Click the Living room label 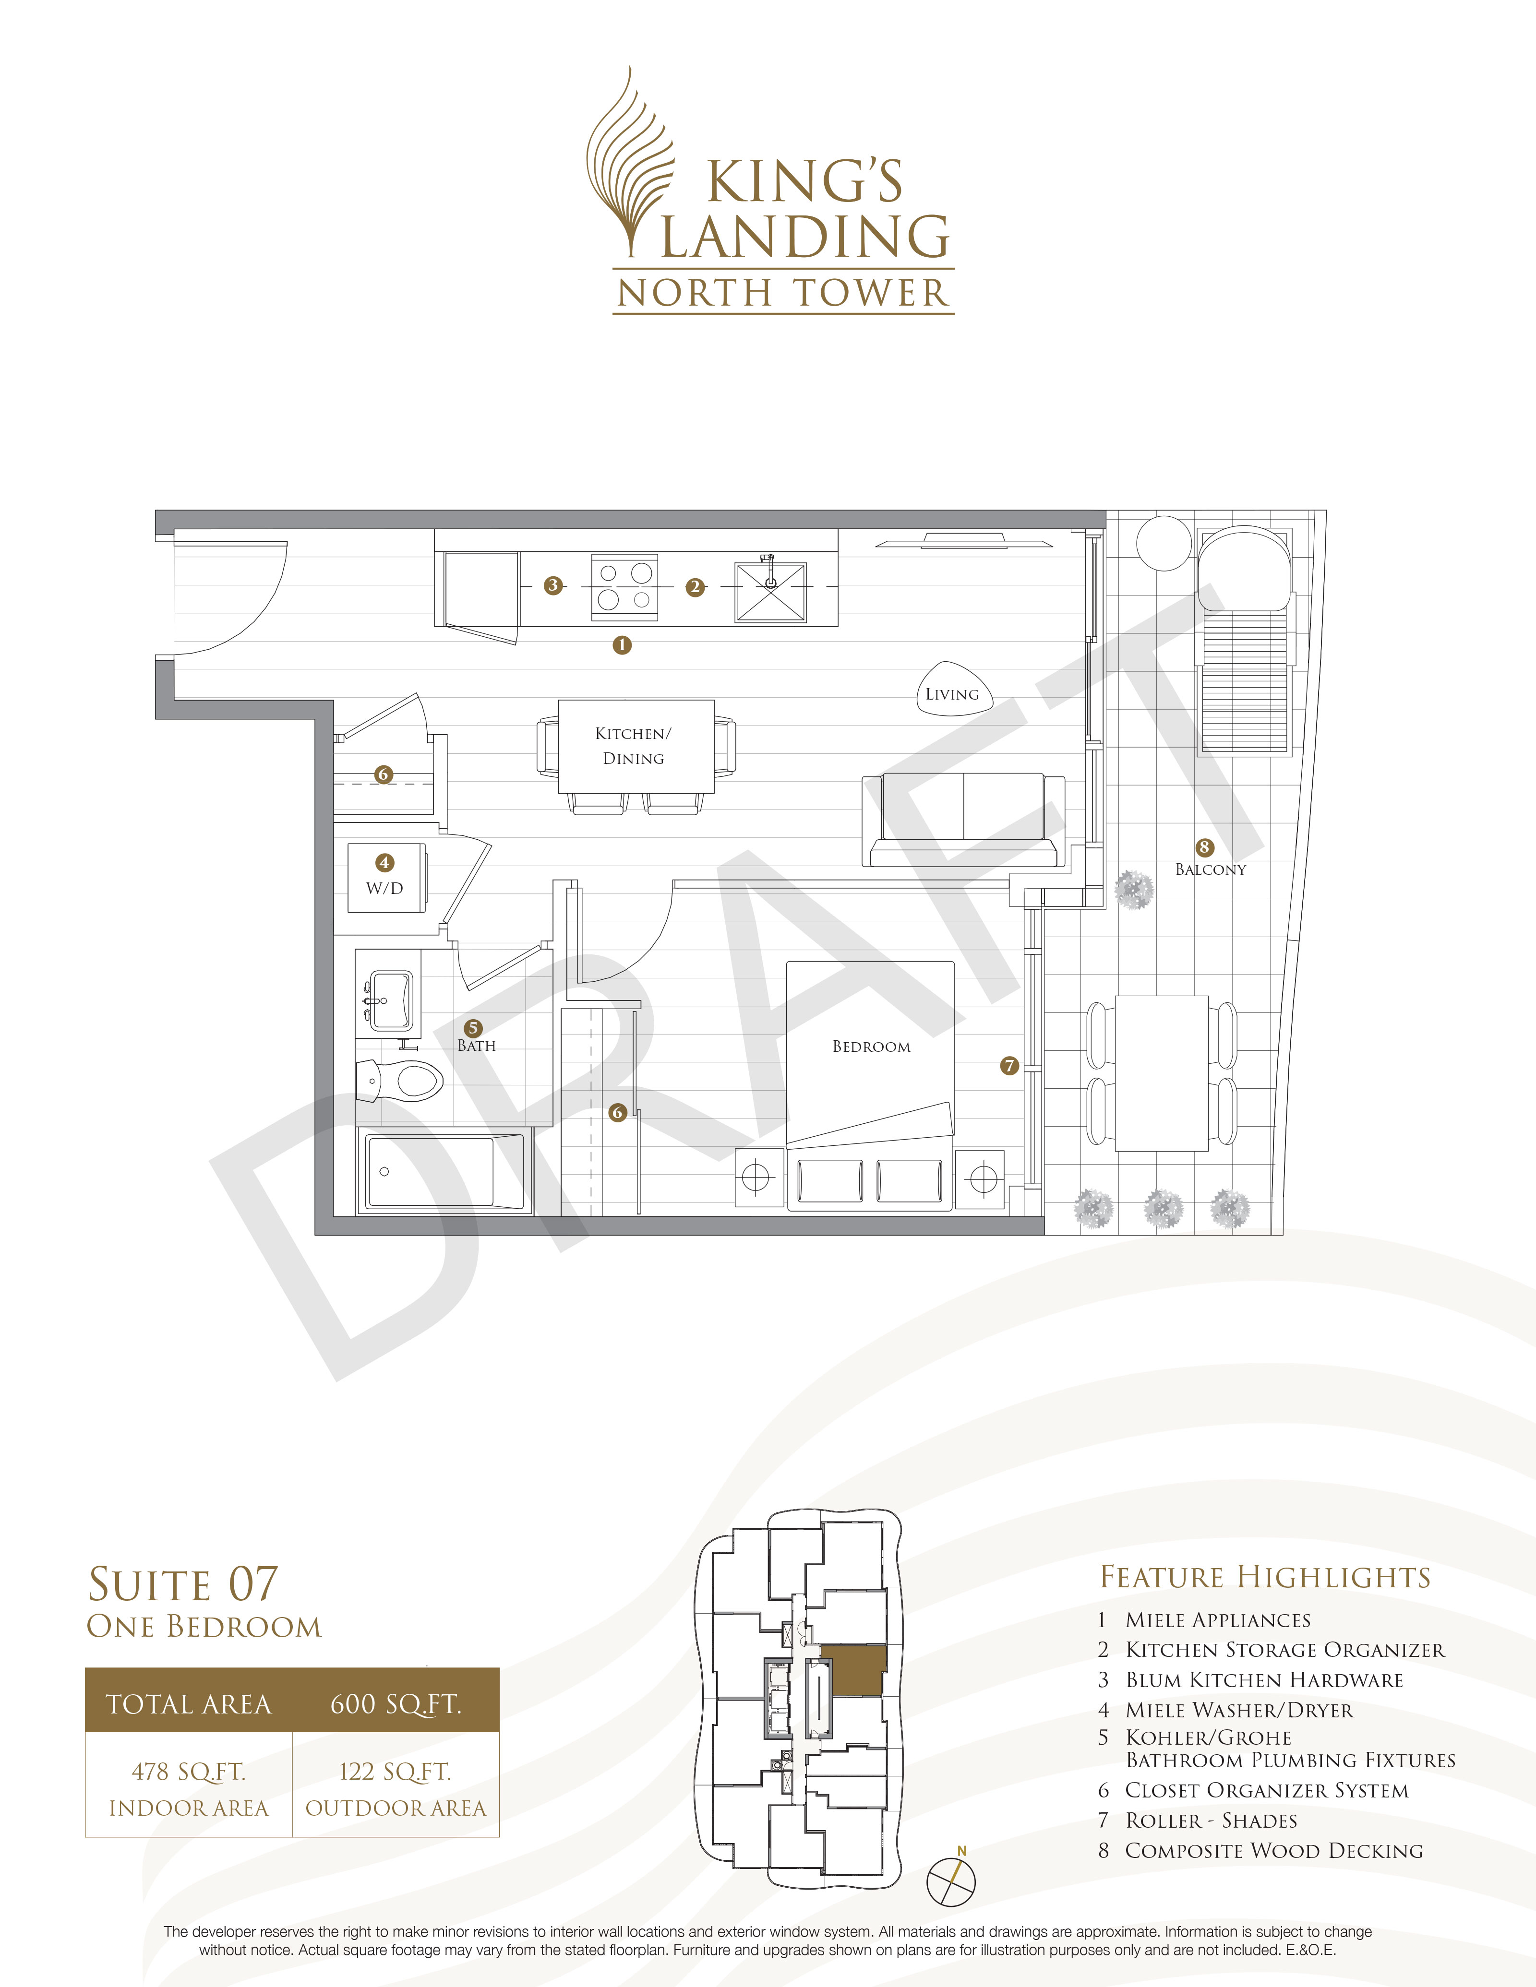[952, 694]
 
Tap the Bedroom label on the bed [871, 1046]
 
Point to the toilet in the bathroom [400, 1082]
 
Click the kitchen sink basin [770, 592]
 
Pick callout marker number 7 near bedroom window [1008, 1065]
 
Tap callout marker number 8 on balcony [1204, 847]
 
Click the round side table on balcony [1163, 543]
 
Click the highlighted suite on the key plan [852, 1670]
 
